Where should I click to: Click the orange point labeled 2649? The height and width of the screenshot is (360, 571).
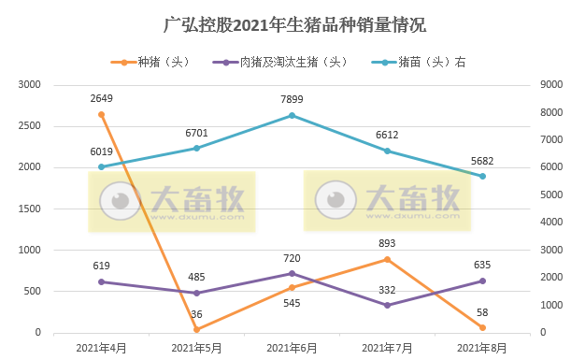[101, 114]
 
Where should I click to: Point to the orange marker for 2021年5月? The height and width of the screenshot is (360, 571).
[196, 329]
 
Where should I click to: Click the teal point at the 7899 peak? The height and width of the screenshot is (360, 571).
[292, 115]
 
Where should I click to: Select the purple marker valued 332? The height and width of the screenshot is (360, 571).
[387, 305]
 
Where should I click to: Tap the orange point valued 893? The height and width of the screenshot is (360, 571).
[387, 259]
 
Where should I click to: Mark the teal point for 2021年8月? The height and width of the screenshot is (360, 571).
[482, 176]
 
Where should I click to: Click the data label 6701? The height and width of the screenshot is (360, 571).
[196, 133]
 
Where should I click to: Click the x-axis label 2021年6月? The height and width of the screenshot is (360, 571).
[292, 348]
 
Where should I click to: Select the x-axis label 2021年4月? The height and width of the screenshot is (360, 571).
[101, 348]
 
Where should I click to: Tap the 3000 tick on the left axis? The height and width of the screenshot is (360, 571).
[30, 84]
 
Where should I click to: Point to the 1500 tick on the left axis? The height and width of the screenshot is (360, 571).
[30, 209]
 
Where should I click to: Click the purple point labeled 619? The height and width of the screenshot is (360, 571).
[101, 281]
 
